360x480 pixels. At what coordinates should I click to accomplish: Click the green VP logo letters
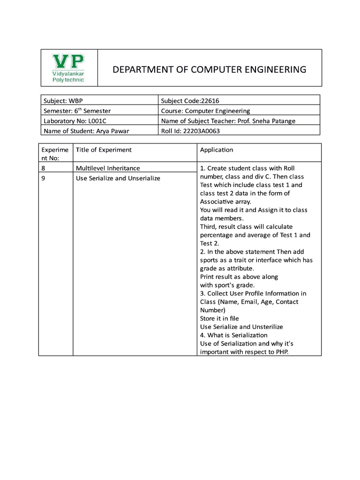tap(68, 61)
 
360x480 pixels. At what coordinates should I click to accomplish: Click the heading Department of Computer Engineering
tap(209, 70)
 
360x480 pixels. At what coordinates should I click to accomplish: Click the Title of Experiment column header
tap(104, 150)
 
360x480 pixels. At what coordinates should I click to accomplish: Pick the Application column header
tap(216, 150)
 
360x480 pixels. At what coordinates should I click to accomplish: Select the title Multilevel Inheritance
tap(108, 168)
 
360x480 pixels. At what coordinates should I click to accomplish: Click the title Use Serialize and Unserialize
tap(118, 178)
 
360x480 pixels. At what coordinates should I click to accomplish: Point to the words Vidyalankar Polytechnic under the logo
tap(68, 77)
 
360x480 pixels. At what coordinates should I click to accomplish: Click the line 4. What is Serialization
tap(233, 335)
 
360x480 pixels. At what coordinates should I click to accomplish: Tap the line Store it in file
tap(219, 318)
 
